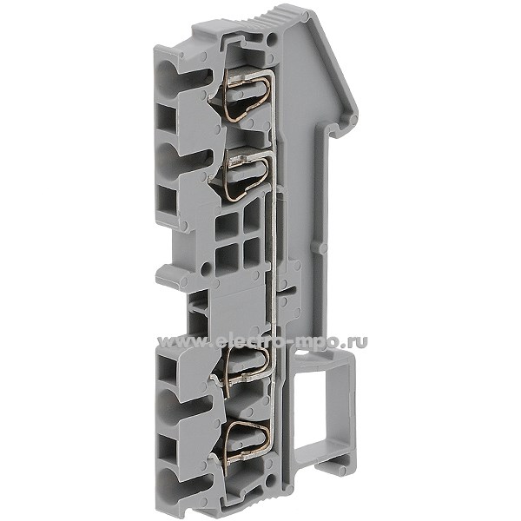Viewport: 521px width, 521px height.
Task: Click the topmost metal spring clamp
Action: tap(247, 96)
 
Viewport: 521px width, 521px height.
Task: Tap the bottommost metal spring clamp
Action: tap(247, 441)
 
